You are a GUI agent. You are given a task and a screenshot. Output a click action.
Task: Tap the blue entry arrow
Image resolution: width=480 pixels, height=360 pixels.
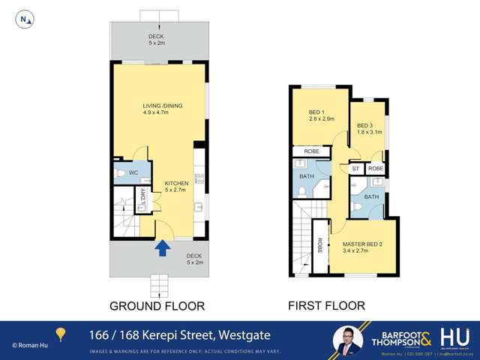click(161, 248)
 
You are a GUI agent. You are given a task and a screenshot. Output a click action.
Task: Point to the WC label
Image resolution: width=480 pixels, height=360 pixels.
click(133, 173)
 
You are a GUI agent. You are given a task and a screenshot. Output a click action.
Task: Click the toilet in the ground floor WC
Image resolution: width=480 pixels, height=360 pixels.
click(121, 174)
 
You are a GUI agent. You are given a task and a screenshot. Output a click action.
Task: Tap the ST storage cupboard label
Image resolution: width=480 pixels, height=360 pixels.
click(355, 169)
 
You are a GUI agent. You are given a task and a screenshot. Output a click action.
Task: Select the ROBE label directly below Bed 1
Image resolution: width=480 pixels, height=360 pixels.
click(311, 151)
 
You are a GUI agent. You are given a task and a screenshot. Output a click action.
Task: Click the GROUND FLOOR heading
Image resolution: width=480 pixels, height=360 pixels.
click(157, 306)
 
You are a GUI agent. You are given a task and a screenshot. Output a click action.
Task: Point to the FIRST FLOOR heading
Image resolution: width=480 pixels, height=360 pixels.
click(327, 306)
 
